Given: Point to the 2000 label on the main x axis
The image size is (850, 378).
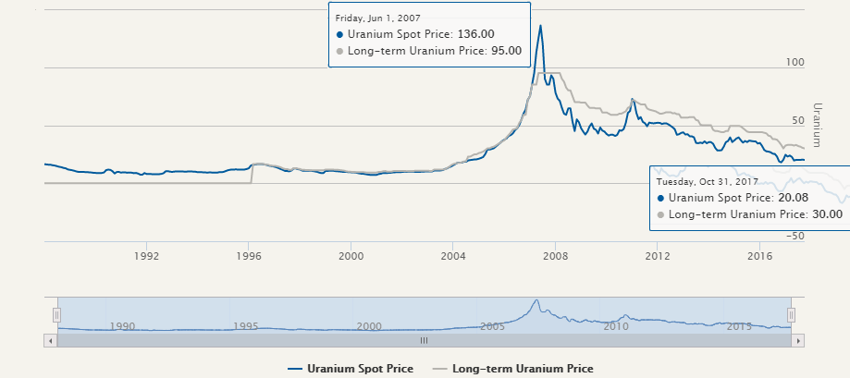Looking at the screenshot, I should (x=351, y=254).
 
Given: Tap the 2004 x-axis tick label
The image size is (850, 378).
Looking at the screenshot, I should (x=452, y=254).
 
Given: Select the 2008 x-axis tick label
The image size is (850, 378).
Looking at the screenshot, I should (x=555, y=254).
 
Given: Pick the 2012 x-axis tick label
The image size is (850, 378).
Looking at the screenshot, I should (x=657, y=254).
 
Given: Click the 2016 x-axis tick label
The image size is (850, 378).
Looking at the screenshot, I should (x=759, y=254).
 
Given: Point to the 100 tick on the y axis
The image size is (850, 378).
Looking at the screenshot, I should (x=794, y=62).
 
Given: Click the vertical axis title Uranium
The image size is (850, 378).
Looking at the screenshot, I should (x=817, y=124).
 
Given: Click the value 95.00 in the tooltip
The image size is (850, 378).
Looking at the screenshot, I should (x=504, y=51).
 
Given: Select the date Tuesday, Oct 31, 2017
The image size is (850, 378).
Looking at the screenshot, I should (x=708, y=182).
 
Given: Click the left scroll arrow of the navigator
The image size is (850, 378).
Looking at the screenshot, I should (x=51, y=340).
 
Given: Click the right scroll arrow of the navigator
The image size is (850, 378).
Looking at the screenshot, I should (x=798, y=340).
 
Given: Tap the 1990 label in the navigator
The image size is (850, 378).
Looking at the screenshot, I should (x=122, y=326).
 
